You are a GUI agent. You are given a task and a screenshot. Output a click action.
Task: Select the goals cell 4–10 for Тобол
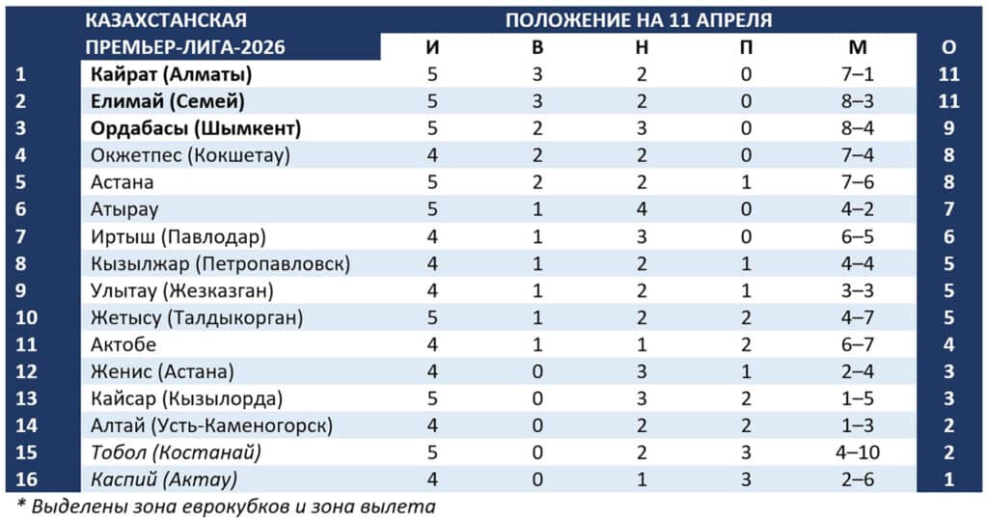[859, 452]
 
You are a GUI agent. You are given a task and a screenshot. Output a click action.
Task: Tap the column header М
[859, 47]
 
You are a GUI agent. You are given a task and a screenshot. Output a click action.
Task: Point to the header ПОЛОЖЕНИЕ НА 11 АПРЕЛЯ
[639, 20]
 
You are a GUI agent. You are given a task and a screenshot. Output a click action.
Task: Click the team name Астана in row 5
[123, 182]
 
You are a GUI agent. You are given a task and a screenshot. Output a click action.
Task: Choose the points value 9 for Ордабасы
[948, 128]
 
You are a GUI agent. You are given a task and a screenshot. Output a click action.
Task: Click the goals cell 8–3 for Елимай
[859, 101]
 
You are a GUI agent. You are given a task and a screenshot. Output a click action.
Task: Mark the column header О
[948, 47]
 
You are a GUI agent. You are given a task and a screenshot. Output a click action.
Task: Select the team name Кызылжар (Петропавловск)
[221, 263]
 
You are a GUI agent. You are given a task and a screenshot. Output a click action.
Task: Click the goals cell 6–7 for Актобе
[859, 344]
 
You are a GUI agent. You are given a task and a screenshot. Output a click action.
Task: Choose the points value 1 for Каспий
[948, 479]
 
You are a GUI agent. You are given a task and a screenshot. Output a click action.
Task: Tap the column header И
[432, 47]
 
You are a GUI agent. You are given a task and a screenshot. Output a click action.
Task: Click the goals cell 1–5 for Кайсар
[859, 398]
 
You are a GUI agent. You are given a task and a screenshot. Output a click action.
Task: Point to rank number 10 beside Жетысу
[26, 317]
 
